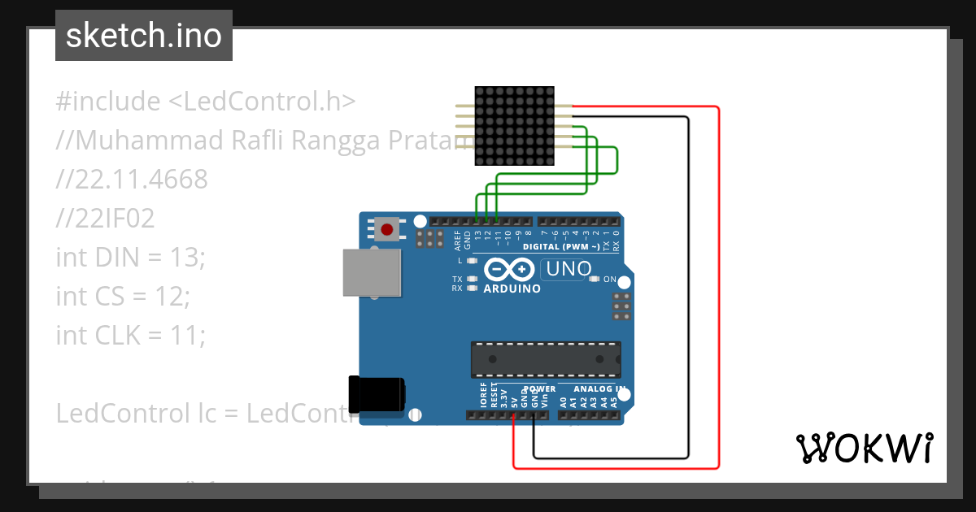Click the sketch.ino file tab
coord(143,36)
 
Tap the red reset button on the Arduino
coord(387,229)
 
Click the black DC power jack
coord(376,394)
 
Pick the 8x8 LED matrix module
coord(514,127)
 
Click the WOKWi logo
coord(864,448)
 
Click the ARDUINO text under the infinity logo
coord(512,289)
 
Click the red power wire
coord(719,284)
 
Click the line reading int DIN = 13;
coord(131,257)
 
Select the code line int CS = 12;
coord(122,296)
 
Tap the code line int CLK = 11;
coord(130,334)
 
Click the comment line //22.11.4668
coord(132,179)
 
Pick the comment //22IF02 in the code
coord(105,218)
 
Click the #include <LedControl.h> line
coord(206,102)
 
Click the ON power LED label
coord(609,279)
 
